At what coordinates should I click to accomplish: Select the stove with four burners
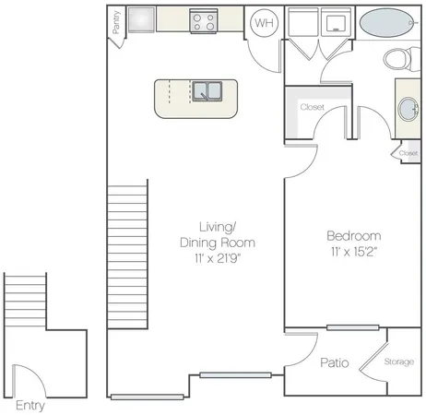pos(203,21)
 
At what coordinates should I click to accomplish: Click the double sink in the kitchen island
pos(207,91)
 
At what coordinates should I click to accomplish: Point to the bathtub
pos(385,21)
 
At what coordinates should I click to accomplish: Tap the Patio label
pos(334,363)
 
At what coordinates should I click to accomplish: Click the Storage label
pos(398,362)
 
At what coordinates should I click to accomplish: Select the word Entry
pos(30,404)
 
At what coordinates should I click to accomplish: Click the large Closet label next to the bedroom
pos(313,107)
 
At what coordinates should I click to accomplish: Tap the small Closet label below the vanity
pos(408,153)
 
